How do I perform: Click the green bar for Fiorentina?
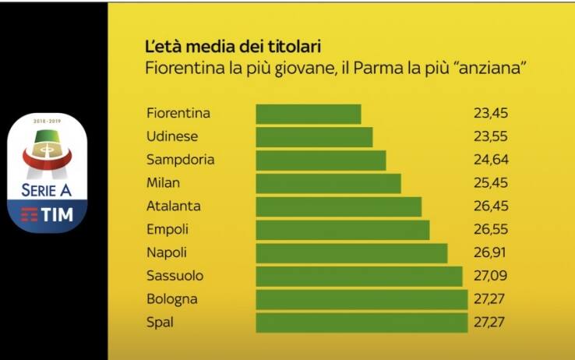(x=309, y=114)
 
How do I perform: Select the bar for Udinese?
(x=314, y=137)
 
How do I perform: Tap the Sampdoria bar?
(x=321, y=161)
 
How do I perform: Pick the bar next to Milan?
(x=328, y=183)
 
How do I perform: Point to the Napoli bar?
(x=351, y=253)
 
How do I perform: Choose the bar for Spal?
(x=362, y=323)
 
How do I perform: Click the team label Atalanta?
(x=174, y=206)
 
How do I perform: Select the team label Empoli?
(x=168, y=230)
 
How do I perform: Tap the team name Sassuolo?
(x=175, y=276)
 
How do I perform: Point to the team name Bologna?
(x=172, y=299)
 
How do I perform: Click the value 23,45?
(x=490, y=114)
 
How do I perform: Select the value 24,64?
(x=490, y=161)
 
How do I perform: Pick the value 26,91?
(x=490, y=253)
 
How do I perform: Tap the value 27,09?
(x=490, y=276)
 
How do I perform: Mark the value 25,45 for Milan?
(x=490, y=183)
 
